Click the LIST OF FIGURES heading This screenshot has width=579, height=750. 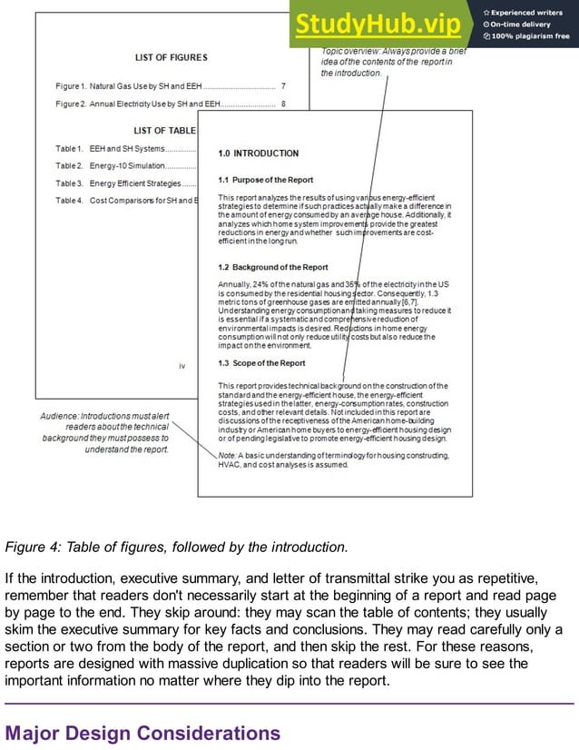pos(171,57)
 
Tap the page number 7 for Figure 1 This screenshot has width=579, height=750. pos(283,86)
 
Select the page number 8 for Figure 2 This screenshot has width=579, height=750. pos(283,104)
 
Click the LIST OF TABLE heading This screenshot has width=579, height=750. pos(164,131)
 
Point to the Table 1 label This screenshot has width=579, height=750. pos(69,148)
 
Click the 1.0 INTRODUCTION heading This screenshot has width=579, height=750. pos(258,153)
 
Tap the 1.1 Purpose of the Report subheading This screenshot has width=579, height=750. pos(265,180)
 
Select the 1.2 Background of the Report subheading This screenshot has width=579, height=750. pos(273,268)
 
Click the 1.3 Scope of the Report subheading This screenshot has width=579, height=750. pos(261,363)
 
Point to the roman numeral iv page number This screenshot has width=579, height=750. pos(182,366)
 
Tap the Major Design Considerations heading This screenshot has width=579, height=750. pos(142,733)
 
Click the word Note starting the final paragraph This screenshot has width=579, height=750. pos(227,455)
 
